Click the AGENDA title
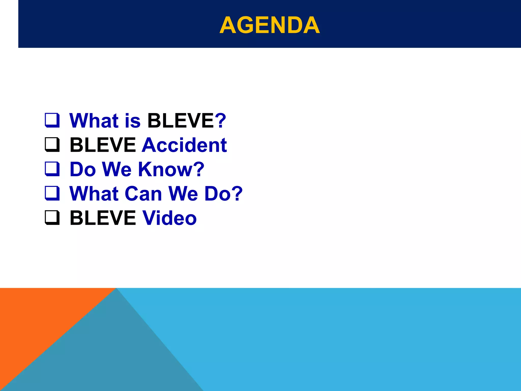click(269, 25)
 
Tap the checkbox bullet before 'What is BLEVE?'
click(52, 120)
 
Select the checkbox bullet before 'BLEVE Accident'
click(52, 145)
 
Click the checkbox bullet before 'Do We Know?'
click(52, 169)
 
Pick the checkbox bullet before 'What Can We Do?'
click(52, 193)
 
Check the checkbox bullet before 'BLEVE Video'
click(52, 218)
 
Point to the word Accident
click(184, 145)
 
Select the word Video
click(169, 218)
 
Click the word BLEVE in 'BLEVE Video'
click(103, 218)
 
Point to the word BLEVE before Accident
click(103, 145)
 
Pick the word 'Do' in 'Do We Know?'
click(83, 169)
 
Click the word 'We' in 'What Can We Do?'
click(183, 194)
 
